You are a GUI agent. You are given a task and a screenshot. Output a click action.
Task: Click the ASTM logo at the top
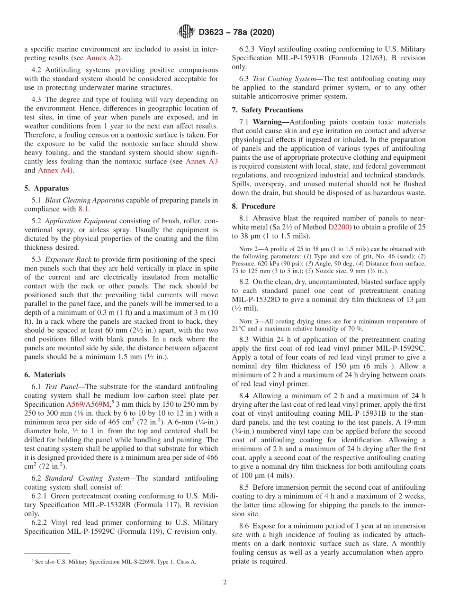[x=186, y=32]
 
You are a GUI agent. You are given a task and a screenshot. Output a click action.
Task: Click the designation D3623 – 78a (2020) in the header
[x=236, y=33]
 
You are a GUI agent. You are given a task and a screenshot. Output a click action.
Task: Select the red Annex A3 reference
[x=201, y=162]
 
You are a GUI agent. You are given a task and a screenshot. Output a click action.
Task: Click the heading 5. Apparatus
[x=46, y=188]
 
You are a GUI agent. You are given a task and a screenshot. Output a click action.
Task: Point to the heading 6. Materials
[x=45, y=375]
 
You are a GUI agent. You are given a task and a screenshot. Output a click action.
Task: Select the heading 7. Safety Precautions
[x=268, y=110]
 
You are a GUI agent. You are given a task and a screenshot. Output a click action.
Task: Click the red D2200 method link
[x=339, y=228]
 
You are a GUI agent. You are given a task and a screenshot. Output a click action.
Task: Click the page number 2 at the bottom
[x=225, y=582]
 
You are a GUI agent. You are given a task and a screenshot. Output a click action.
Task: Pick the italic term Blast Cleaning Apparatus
[x=84, y=200]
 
